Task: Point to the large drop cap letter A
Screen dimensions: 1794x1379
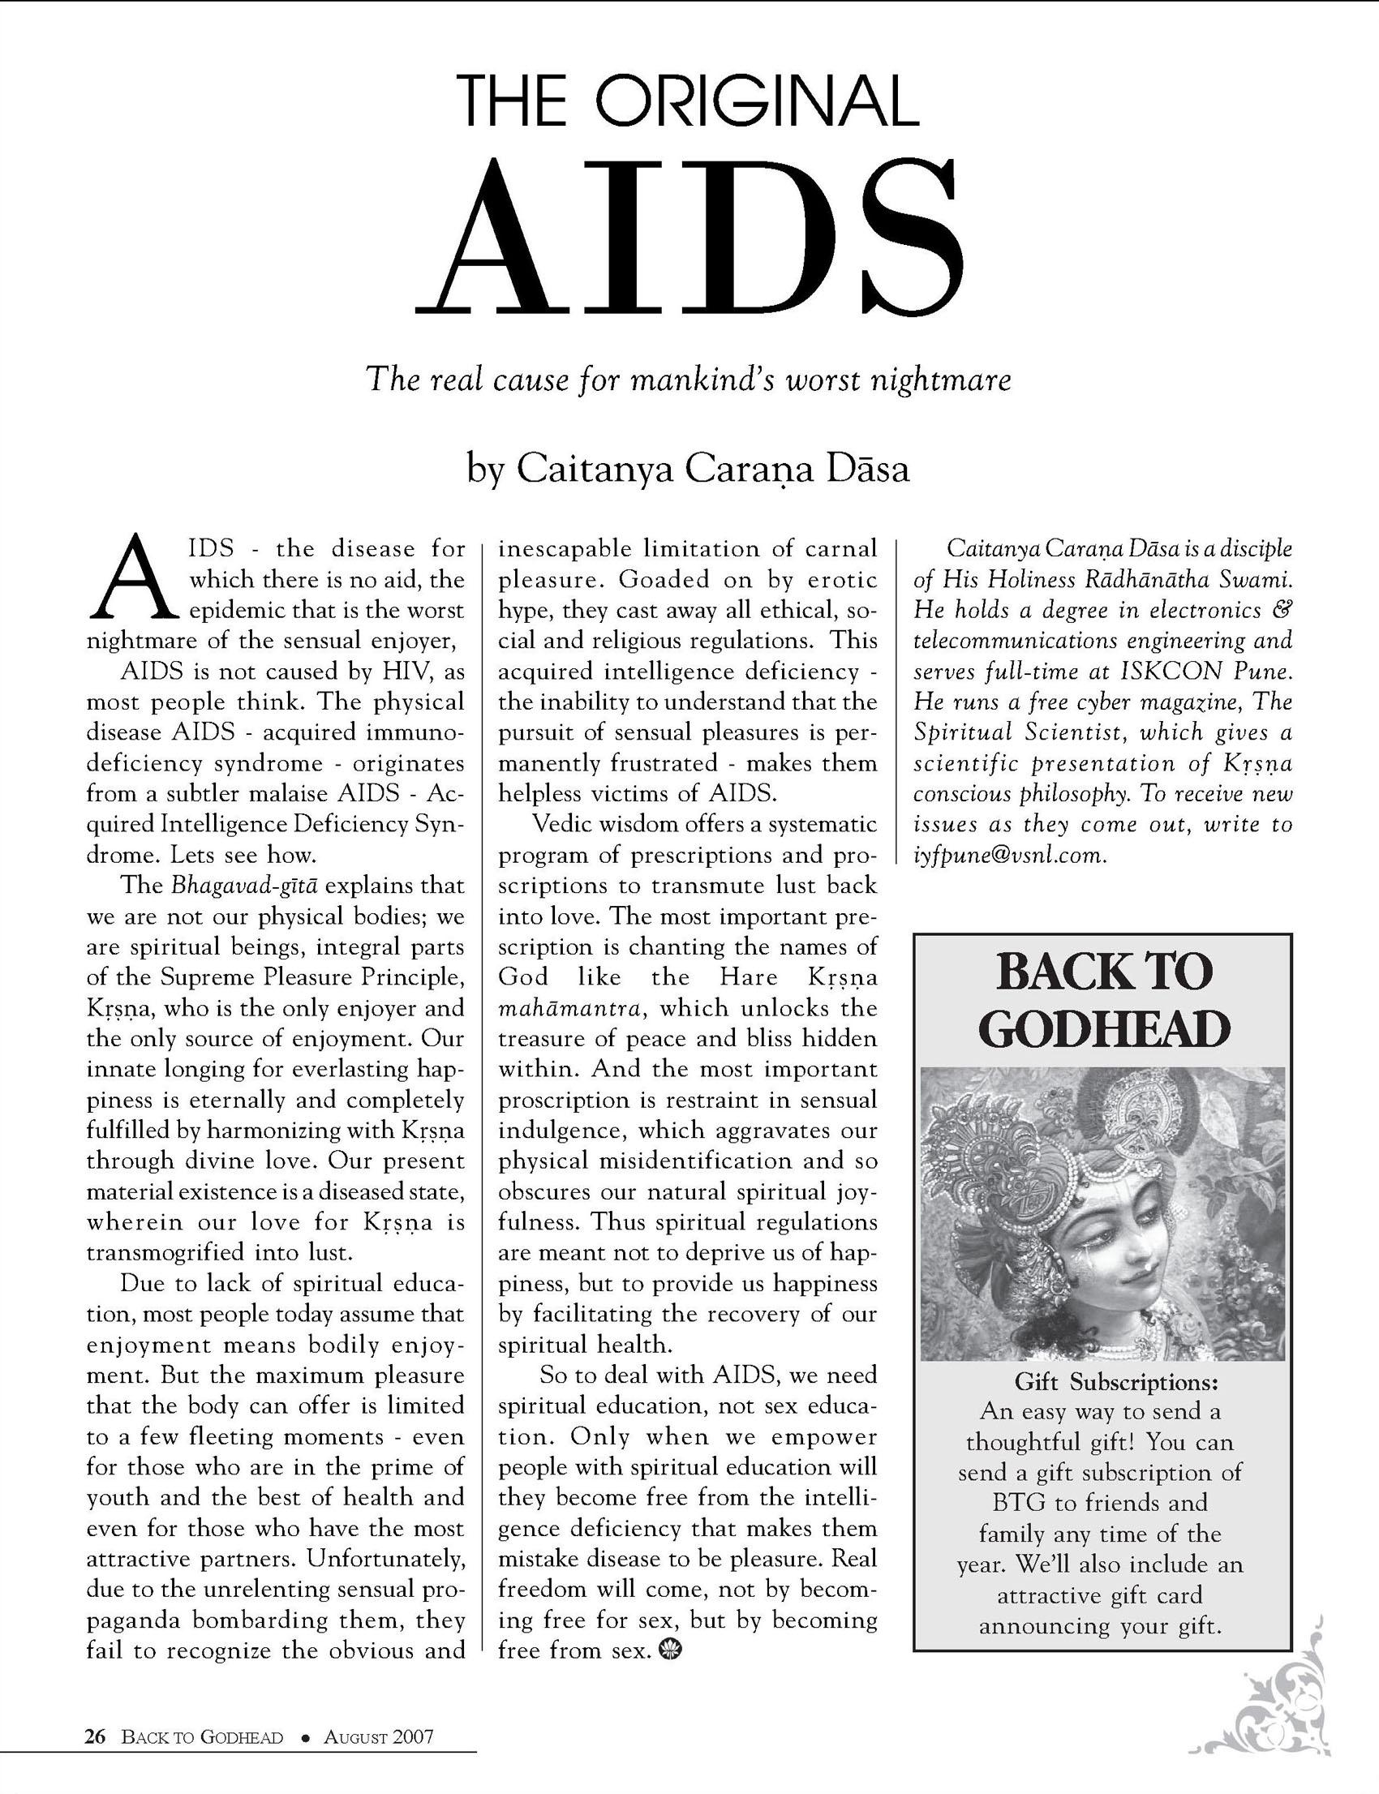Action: pos(135,578)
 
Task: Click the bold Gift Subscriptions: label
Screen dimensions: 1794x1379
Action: pos(1116,1382)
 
